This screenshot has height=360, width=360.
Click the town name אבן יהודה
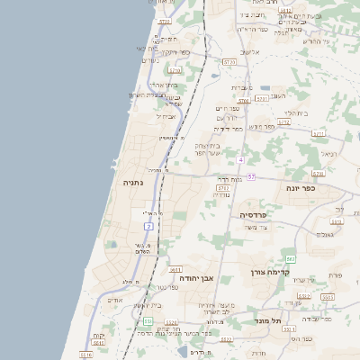(195, 278)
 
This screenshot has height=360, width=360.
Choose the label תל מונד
(269, 319)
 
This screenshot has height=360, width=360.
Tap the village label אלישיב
(250, 52)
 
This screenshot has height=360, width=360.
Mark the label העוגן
(274, 94)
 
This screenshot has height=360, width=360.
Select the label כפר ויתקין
(176, 52)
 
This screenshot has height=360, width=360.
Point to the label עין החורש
(318, 41)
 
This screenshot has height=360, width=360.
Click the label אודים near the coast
(114, 300)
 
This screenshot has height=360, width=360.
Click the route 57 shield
(252, 177)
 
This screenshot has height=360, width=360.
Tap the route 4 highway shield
(241, 159)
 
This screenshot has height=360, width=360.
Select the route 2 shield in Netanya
(149, 226)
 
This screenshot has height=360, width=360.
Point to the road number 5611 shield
(175, 269)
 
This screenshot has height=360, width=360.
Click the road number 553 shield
(147, 320)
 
